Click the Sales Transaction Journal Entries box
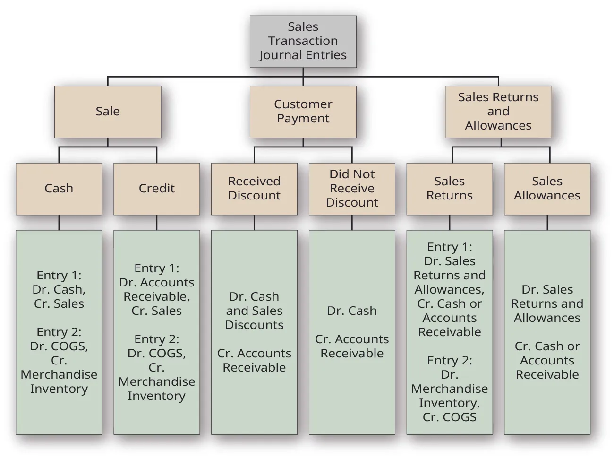[x=303, y=41]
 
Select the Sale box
[x=108, y=112]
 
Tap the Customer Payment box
[x=303, y=112]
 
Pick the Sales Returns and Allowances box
[x=498, y=112]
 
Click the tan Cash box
[x=59, y=189]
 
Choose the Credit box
[x=156, y=189]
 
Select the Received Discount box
[x=254, y=189]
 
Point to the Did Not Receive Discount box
[x=352, y=189]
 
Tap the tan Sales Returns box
[x=449, y=189]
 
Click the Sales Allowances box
[x=547, y=189]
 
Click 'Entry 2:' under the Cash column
[x=59, y=332]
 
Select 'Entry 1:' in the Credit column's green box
[x=156, y=268]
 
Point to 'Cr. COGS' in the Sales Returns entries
[x=449, y=417]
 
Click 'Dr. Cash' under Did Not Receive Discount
[x=352, y=311]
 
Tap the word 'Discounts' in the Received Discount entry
[x=254, y=325]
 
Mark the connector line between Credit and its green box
[x=156, y=223]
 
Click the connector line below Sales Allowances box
[x=547, y=223]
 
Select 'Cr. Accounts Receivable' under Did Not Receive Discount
[x=352, y=346]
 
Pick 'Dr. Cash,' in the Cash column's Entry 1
[x=59, y=289]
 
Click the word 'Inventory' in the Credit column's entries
[x=156, y=396]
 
